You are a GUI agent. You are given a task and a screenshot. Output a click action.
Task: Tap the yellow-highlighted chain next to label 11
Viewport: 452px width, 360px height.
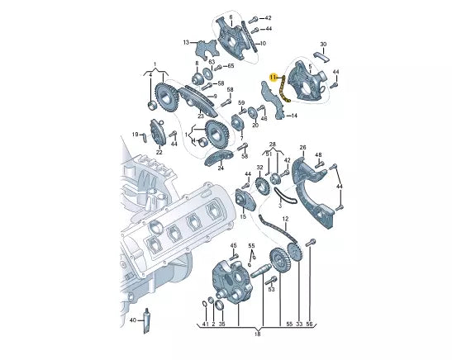[x=283, y=88]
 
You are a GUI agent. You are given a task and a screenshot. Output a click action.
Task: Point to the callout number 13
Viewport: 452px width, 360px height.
[x=187, y=42]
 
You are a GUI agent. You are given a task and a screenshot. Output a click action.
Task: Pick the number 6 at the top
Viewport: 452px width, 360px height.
[x=230, y=16]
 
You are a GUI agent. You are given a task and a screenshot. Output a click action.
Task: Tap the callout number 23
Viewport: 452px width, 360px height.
[x=200, y=116]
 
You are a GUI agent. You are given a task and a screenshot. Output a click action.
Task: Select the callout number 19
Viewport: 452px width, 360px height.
[x=135, y=134]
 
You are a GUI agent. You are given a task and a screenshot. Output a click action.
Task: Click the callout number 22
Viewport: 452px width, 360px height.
[x=159, y=152]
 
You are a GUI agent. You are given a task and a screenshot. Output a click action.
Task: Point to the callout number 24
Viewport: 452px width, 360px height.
[x=221, y=168]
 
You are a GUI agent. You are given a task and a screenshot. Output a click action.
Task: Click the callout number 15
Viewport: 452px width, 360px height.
[x=243, y=216]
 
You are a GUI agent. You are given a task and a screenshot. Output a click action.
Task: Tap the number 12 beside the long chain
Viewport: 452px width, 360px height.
[x=285, y=220]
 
